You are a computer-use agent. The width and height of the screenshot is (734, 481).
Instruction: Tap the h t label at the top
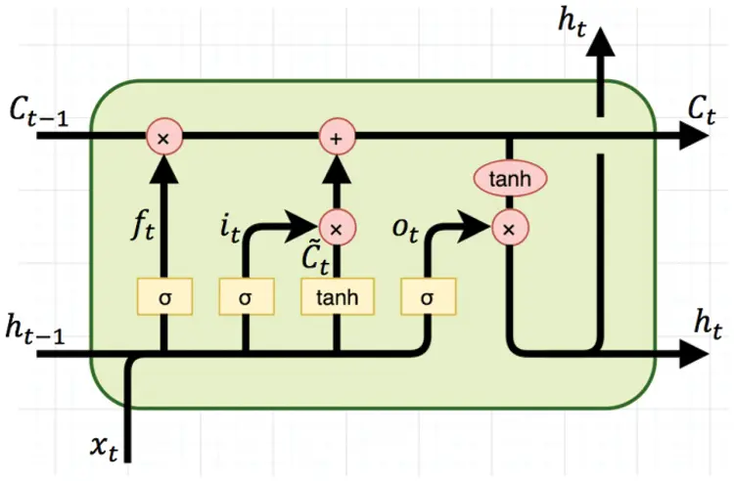click(574, 22)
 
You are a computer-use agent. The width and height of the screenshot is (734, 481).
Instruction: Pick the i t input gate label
click(229, 231)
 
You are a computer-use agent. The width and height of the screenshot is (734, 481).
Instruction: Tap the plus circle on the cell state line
click(336, 139)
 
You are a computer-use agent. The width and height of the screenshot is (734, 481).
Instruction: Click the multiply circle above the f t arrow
click(163, 139)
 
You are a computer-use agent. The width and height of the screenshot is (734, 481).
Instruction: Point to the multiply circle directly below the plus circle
click(336, 229)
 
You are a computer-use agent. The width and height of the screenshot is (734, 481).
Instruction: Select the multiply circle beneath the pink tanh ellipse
click(509, 229)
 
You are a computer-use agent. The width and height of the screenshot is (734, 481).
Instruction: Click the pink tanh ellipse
click(509, 178)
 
